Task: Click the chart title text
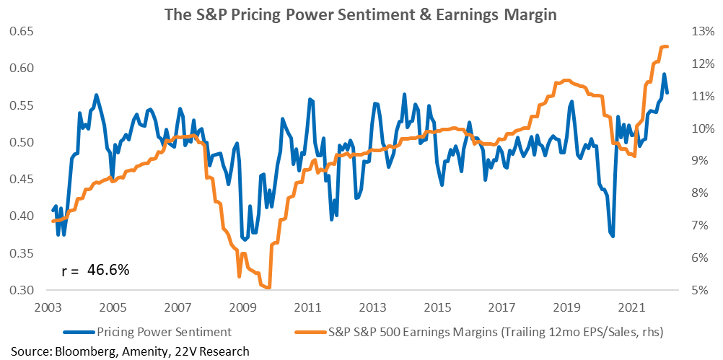click(361, 14)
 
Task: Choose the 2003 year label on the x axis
click(47, 307)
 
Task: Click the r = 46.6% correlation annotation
click(95, 270)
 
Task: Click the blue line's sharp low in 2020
click(613, 235)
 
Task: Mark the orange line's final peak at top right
click(665, 46)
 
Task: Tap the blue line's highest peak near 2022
click(664, 74)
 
